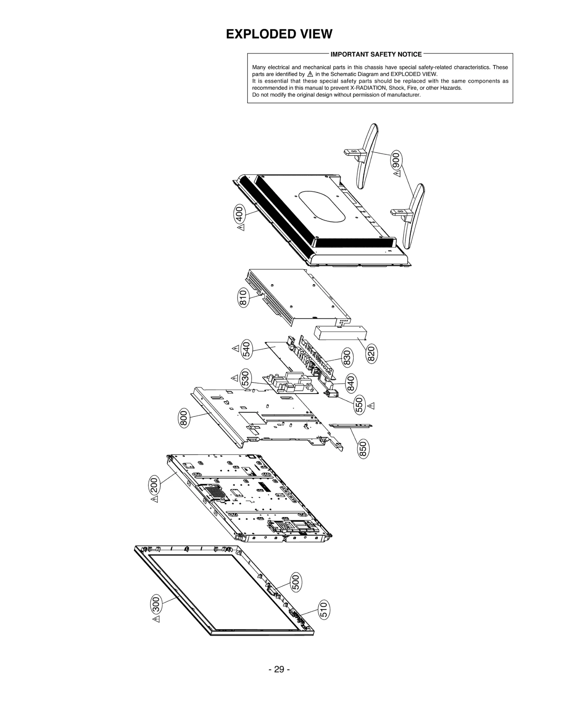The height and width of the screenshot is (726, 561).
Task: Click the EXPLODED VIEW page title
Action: coord(279,34)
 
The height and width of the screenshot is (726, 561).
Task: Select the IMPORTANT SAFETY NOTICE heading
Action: coord(376,54)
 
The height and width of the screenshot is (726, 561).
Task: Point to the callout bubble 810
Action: coord(243,298)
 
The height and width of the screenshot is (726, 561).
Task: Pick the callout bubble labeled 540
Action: coord(247,349)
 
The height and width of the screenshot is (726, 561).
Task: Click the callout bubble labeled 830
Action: coord(347,358)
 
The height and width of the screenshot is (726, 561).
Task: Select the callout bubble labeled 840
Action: coord(351,383)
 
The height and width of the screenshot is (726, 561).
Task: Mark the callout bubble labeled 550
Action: coord(360,405)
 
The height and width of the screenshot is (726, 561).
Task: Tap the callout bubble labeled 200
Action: coord(154,485)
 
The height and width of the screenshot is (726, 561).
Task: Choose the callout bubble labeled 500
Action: coord(296,582)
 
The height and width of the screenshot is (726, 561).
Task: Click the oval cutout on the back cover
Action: coord(322,206)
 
